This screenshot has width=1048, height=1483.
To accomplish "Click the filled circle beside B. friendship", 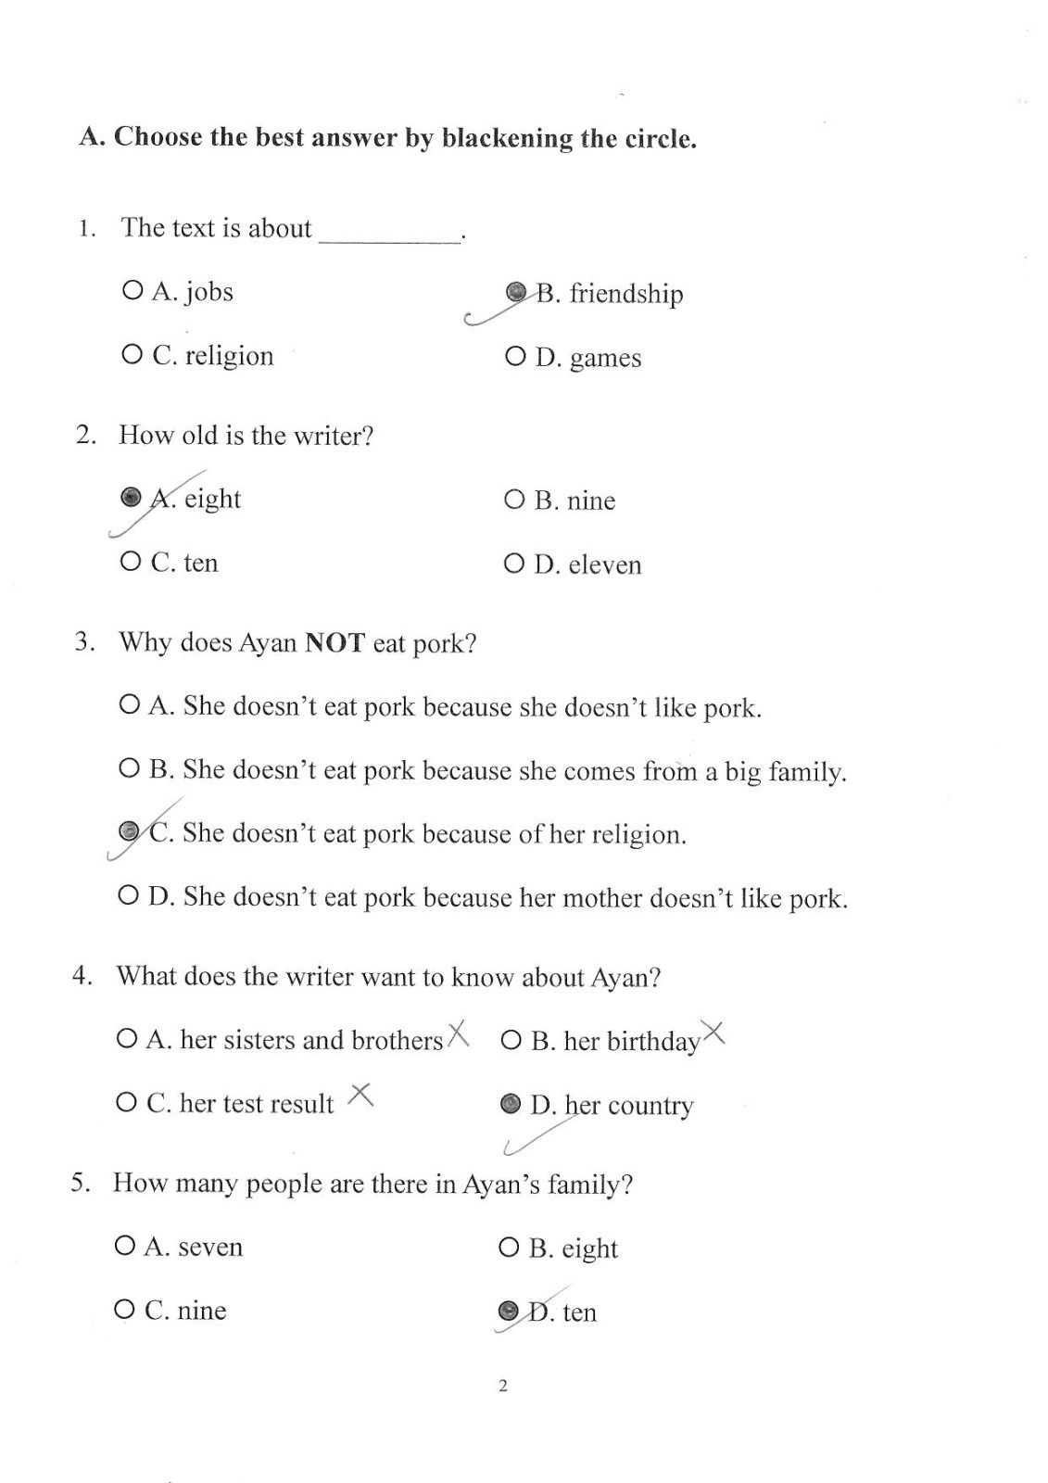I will pyautogui.click(x=516, y=293).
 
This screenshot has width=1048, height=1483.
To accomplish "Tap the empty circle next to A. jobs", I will pyautogui.click(x=132, y=291).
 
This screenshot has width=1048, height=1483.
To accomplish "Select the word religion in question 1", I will pyautogui.click(x=229, y=356).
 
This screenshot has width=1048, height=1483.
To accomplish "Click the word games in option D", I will pyautogui.click(x=605, y=358).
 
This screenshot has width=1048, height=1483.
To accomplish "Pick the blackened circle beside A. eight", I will pyautogui.click(x=132, y=498).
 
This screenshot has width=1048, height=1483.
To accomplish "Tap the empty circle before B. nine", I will pyautogui.click(x=514, y=501).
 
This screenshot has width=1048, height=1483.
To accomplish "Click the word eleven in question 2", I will pyautogui.click(x=604, y=564).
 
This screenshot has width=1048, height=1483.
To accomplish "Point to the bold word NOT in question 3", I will pyautogui.click(x=335, y=642).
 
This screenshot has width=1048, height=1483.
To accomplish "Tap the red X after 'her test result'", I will pyautogui.click(x=360, y=1096).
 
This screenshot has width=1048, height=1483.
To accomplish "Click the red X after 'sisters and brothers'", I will pyautogui.click(x=458, y=1033).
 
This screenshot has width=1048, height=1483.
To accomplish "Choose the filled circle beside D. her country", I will pyautogui.click(x=510, y=1104).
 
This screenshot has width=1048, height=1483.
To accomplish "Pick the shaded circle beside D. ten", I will pyautogui.click(x=508, y=1311).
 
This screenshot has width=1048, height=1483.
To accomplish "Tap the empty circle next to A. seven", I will pyautogui.click(x=125, y=1247).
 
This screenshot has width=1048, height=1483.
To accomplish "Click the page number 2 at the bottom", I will pyautogui.click(x=503, y=1387).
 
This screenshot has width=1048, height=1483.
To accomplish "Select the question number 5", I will pyautogui.click(x=80, y=1184).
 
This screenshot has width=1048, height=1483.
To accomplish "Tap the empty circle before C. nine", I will pyautogui.click(x=124, y=1311).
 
